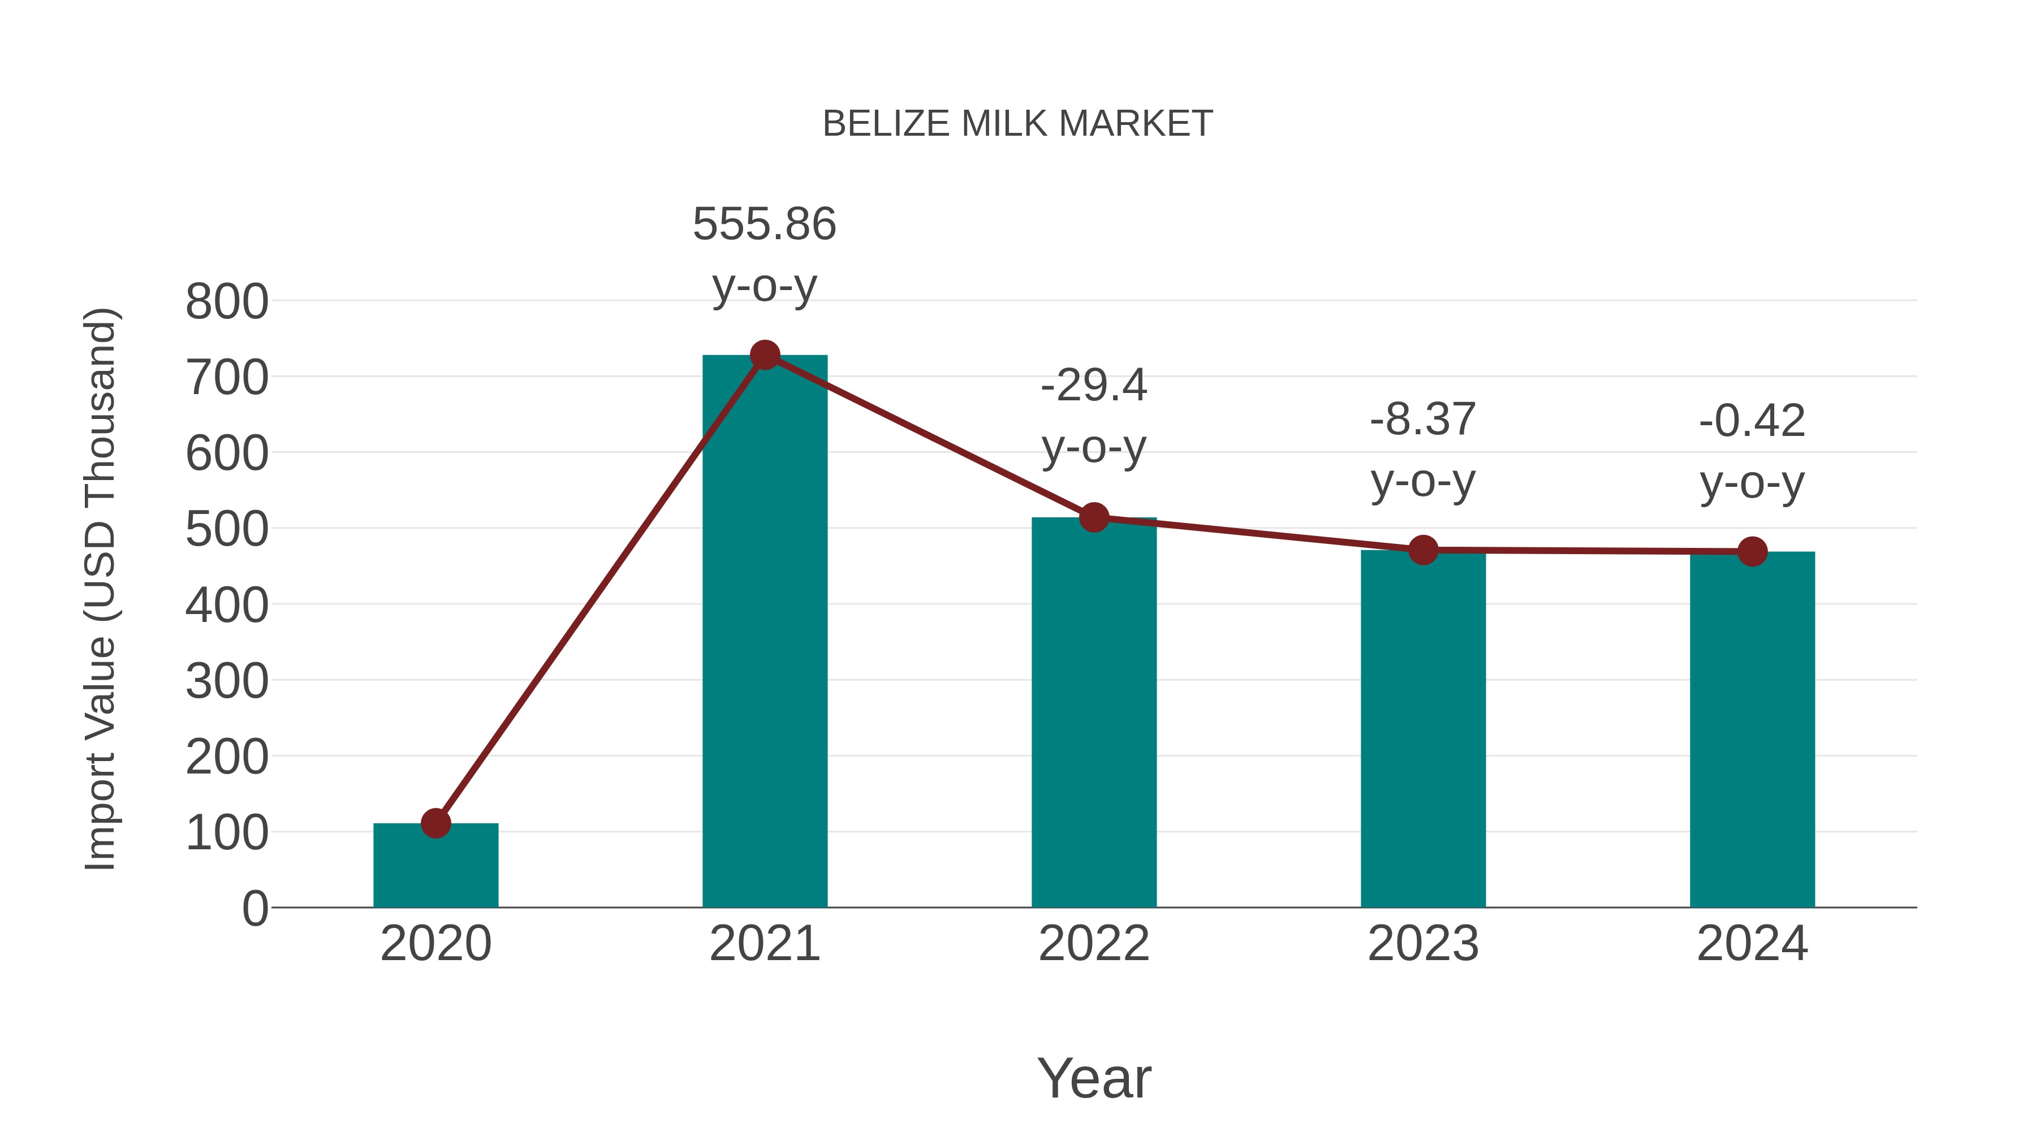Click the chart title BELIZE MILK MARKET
1017,124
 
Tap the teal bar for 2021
764,632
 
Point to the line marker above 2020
435,823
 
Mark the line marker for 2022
1094,517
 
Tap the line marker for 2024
1752,551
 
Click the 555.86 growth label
764,224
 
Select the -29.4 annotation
1094,386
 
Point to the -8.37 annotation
1423,420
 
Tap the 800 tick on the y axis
227,302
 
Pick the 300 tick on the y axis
227,681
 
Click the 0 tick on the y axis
255,909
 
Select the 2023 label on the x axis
1423,944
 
